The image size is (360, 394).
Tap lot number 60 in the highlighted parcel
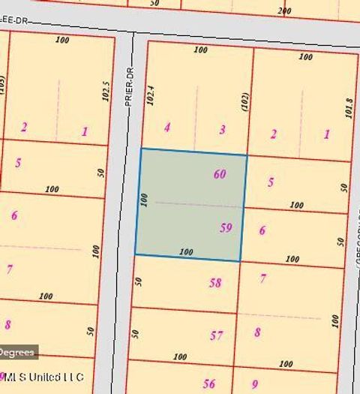[x=220, y=174]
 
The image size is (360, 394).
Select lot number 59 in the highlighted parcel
[x=226, y=227]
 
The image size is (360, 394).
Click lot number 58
[x=216, y=283]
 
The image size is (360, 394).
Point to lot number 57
[x=216, y=335]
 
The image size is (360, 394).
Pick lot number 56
[x=208, y=384]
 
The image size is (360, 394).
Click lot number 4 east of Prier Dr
[x=167, y=128]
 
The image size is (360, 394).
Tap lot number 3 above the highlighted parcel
[x=222, y=130]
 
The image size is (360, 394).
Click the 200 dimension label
[x=283, y=11]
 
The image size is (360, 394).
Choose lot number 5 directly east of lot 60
[x=271, y=182]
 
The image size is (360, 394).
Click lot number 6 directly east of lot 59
[x=262, y=230]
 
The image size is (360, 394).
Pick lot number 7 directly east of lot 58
[x=262, y=278]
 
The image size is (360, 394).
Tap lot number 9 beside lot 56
[x=255, y=384]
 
